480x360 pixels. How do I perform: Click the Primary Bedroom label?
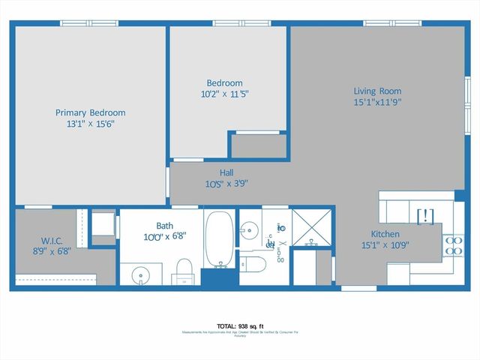tap(90, 113)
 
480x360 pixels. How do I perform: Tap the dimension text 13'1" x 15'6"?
tap(90, 124)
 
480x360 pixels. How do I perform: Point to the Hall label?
tap(226, 172)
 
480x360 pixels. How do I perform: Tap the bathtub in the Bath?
tap(219, 238)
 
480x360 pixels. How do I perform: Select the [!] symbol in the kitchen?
tap(424, 217)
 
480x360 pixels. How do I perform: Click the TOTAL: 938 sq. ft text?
tap(239, 326)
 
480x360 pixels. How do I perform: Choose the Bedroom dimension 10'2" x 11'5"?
tap(224, 94)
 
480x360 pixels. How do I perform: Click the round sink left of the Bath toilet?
tap(140, 276)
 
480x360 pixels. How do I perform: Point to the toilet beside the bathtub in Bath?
tap(184, 271)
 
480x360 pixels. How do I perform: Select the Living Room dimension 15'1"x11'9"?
tap(378, 102)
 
